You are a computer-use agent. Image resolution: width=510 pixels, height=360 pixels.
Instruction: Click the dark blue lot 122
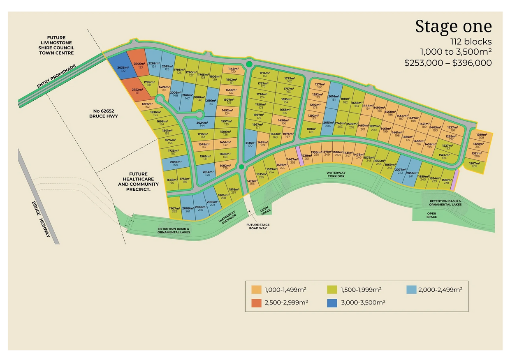122,69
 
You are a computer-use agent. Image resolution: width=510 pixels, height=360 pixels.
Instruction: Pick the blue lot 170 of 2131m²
250,144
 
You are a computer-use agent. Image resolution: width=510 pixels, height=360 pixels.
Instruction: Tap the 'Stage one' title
453,26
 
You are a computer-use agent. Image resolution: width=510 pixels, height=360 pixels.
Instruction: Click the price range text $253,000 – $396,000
448,63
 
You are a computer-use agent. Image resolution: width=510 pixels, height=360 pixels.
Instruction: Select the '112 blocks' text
471,42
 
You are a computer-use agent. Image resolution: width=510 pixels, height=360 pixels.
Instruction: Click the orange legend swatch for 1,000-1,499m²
257,290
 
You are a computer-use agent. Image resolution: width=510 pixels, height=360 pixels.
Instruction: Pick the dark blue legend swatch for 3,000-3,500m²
332,303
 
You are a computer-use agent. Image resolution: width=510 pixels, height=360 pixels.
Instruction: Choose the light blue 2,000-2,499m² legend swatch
411,290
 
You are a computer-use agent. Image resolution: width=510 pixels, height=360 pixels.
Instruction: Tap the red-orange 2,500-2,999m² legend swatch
257,303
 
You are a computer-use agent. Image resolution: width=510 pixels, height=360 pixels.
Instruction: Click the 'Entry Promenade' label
57,76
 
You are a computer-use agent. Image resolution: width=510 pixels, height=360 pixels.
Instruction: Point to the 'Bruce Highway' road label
41,219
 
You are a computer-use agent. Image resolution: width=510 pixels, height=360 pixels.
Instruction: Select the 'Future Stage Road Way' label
257,226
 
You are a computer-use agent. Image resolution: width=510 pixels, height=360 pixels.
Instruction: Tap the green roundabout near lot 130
249,64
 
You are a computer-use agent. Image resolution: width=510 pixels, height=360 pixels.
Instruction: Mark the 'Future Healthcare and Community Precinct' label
138,182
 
